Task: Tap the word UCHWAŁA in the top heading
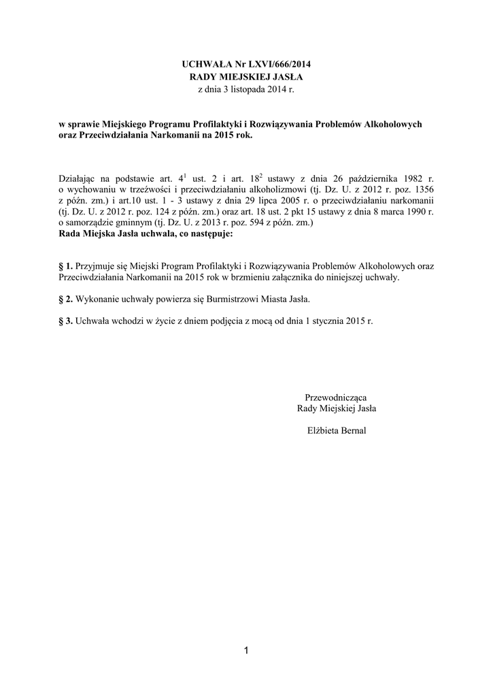click(204, 65)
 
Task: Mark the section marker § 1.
click(66, 268)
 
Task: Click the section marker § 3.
click(66, 321)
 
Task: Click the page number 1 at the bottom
click(246, 651)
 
